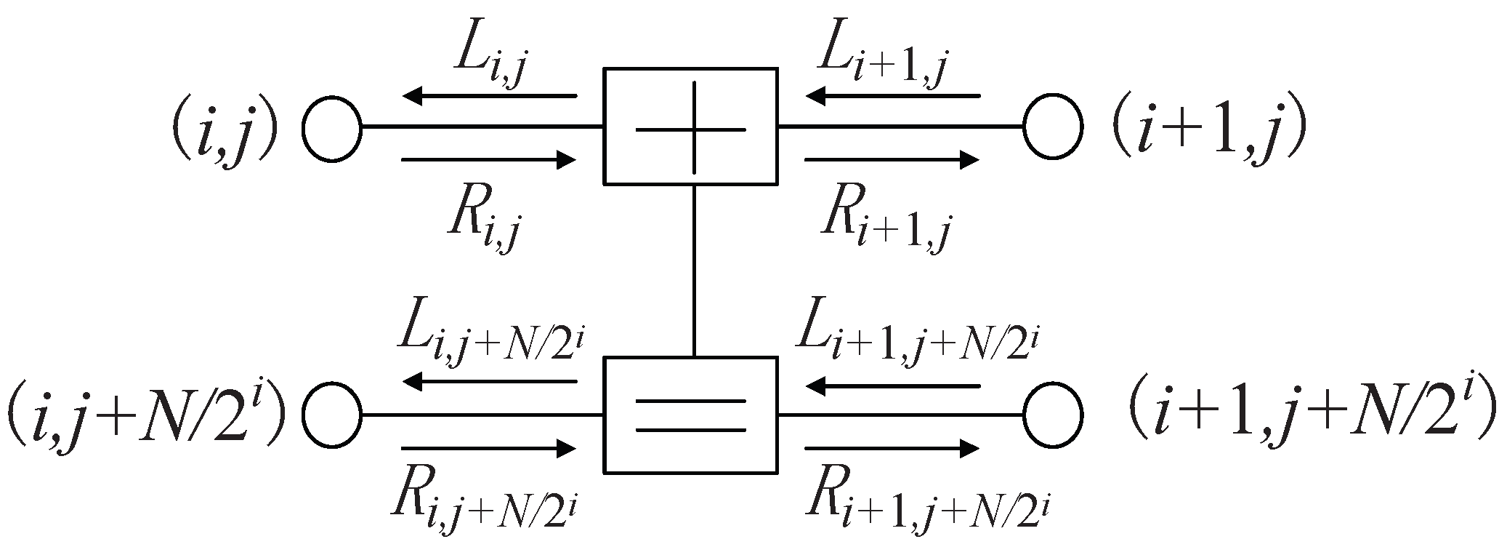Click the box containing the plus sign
tap(690, 126)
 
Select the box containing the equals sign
tap(690, 415)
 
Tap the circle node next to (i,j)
tap(332, 128)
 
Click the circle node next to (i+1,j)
tap(1053, 128)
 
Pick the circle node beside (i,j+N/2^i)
tap(332, 415)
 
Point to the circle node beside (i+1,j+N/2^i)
tap(1053, 415)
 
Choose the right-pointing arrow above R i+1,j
tap(892, 159)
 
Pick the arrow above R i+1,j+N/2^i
tap(892, 448)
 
